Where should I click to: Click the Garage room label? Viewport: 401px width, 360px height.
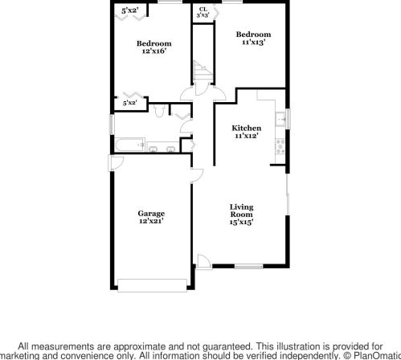click(x=151, y=217)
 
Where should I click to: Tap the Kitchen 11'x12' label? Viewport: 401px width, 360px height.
click(x=246, y=132)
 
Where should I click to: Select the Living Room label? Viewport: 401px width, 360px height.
click(x=241, y=215)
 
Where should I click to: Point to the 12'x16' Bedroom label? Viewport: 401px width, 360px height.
click(x=154, y=47)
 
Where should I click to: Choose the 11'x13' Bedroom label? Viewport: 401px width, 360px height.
click(x=253, y=38)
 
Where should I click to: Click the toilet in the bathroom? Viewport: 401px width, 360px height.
click(x=159, y=111)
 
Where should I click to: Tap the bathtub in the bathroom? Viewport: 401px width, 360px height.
click(x=130, y=145)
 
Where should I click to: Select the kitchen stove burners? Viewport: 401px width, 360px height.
click(x=280, y=146)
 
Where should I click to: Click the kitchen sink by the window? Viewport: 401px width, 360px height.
click(x=280, y=119)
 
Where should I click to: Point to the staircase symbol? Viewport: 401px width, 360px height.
click(x=203, y=70)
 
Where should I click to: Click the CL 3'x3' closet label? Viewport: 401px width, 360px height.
click(x=203, y=13)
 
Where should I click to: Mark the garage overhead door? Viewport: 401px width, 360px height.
click(x=152, y=285)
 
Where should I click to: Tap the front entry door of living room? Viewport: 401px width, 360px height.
click(x=204, y=261)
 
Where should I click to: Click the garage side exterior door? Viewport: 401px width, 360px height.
click(x=116, y=163)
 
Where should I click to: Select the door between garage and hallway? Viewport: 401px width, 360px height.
click(x=197, y=176)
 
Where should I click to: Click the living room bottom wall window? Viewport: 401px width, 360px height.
click(x=249, y=266)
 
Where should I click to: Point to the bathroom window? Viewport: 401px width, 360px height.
click(x=112, y=125)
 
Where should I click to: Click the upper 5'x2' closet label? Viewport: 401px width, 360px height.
click(x=130, y=10)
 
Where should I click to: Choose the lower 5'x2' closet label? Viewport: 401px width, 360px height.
click(x=130, y=103)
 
